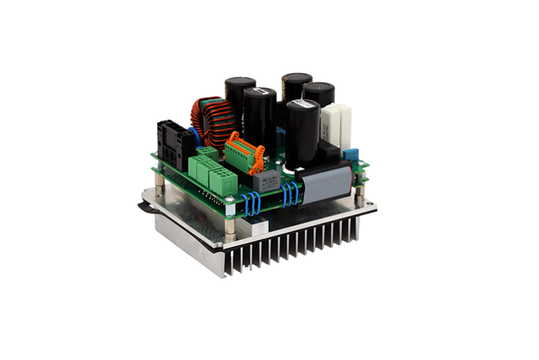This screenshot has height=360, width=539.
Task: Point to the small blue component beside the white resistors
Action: [352, 155]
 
